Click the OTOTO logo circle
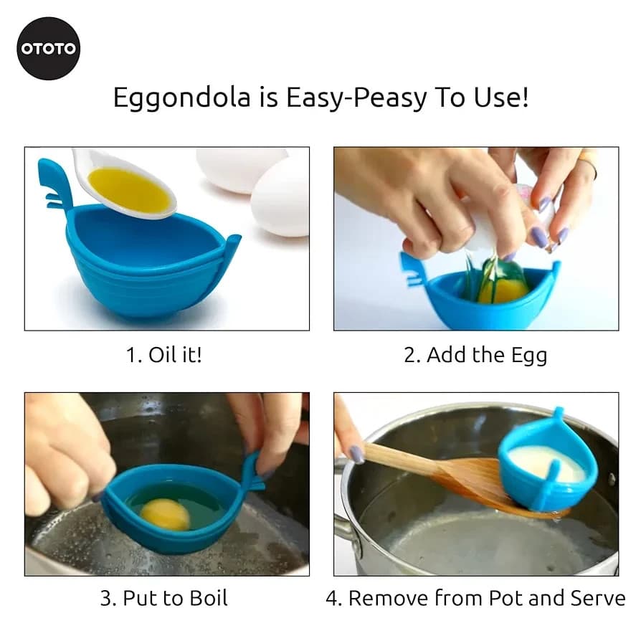click(49, 49)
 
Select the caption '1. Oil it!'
click(164, 354)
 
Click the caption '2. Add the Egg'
click(475, 354)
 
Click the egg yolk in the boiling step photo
click(164, 513)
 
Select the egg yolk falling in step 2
click(503, 290)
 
